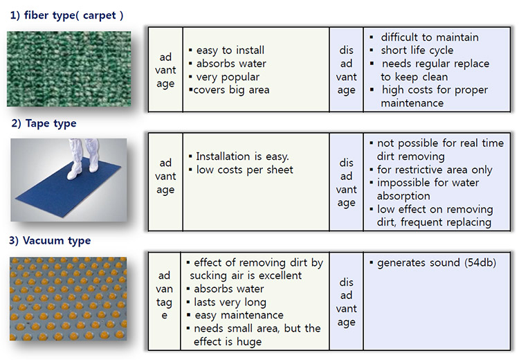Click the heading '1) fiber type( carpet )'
(x=66, y=15)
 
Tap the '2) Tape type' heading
(x=44, y=123)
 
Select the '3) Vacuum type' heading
(x=50, y=241)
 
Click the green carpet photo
(x=69, y=69)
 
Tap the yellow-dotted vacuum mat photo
(x=69, y=298)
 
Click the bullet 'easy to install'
(x=227, y=51)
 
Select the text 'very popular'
(x=228, y=77)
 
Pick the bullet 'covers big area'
(x=229, y=90)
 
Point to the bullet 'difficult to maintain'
(x=424, y=37)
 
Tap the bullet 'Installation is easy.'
(x=239, y=156)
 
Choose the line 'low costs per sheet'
(x=241, y=170)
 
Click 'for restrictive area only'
(x=431, y=170)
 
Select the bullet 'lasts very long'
(x=226, y=303)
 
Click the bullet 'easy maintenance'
(x=235, y=315)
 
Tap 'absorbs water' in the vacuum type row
(x=225, y=289)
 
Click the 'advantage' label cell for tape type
(x=165, y=177)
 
